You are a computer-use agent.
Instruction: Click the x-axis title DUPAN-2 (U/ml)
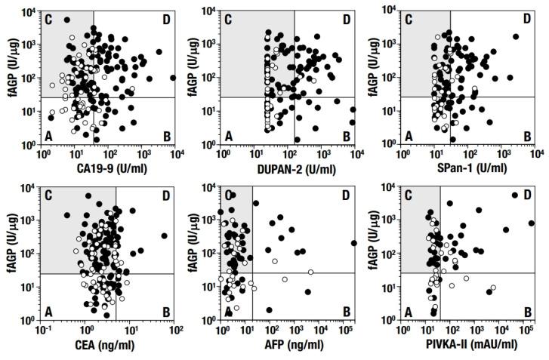[x=288, y=167]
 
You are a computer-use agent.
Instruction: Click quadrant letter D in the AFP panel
[x=346, y=195]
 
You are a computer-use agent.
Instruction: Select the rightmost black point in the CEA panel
[x=164, y=236]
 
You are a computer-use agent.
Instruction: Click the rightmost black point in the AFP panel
[x=353, y=243]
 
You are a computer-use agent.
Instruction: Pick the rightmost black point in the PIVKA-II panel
[x=531, y=223]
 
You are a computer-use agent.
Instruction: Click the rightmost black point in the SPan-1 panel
[x=516, y=36]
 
